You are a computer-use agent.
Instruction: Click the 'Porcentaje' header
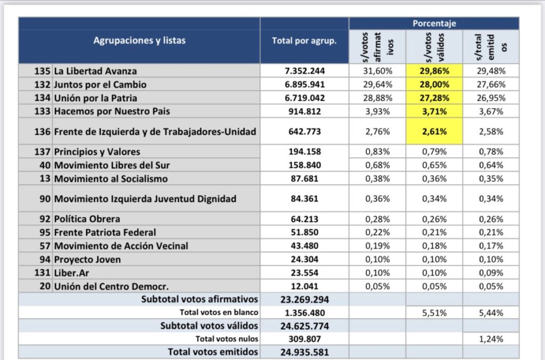click(434, 23)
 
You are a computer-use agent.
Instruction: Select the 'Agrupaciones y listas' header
click(139, 40)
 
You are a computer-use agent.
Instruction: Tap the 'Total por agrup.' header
click(304, 40)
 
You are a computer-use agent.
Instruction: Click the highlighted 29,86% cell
click(434, 71)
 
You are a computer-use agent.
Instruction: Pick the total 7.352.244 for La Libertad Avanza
click(304, 71)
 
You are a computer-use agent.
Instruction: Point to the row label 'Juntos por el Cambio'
click(100, 85)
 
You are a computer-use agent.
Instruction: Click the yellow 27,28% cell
click(434, 98)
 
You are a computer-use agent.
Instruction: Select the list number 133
click(43, 111)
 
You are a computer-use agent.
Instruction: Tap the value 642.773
click(304, 132)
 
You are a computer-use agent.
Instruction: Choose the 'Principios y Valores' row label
click(97, 152)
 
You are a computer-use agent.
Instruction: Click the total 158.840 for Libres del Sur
click(304, 165)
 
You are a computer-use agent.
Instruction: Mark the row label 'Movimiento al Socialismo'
click(111, 179)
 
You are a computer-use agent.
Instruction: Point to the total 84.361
click(304, 199)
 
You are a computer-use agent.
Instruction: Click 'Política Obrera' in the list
click(87, 219)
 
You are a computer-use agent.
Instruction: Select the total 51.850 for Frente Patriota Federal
click(304, 232)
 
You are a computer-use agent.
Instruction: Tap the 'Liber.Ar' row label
click(71, 273)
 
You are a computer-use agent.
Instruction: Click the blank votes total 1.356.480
click(304, 313)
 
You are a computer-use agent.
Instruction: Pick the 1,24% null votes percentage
click(491, 339)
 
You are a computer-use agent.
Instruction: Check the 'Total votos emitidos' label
click(213, 351)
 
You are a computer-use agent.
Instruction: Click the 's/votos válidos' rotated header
click(434, 47)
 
